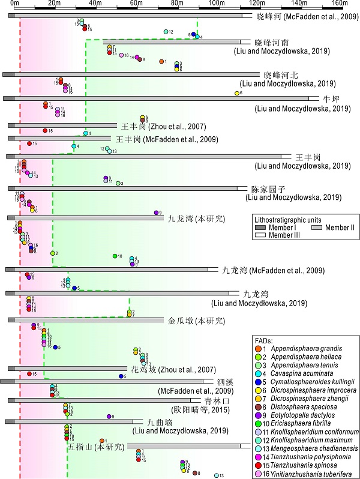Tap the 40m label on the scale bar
95,3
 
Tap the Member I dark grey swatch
260,228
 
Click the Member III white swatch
260,235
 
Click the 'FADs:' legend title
264,340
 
